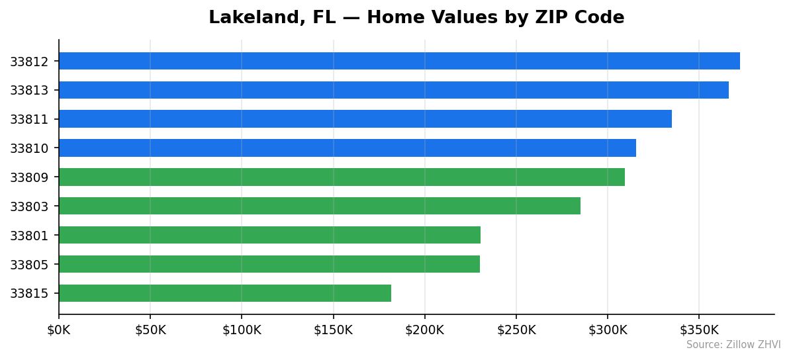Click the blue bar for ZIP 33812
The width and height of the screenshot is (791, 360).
coord(399,61)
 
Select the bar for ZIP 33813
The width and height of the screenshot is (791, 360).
coord(394,90)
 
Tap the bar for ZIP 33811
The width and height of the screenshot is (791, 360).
coord(365,119)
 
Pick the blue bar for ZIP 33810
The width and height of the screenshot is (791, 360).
coord(348,148)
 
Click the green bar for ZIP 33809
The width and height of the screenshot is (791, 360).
coord(342,177)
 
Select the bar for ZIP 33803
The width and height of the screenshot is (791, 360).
coord(320,206)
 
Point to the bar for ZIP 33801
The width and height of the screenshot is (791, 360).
coord(269,235)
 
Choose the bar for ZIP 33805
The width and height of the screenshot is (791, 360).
coord(269,264)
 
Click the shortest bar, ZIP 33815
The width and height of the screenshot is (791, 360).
coord(225,293)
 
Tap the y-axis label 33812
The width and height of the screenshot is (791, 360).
coord(29,62)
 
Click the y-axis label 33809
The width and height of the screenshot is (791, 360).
coord(29,177)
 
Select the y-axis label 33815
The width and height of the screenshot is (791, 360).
coord(29,294)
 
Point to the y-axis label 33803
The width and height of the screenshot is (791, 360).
coord(29,206)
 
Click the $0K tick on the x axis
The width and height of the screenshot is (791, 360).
coord(59,330)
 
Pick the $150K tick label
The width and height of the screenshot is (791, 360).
coord(333,330)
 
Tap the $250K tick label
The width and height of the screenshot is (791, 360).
coord(516,330)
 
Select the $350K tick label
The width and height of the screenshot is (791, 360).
coord(699,330)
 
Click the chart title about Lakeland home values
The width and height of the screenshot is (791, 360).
coord(416,18)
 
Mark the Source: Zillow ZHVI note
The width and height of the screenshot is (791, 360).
coord(733,345)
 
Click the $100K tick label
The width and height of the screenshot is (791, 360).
coord(242,330)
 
